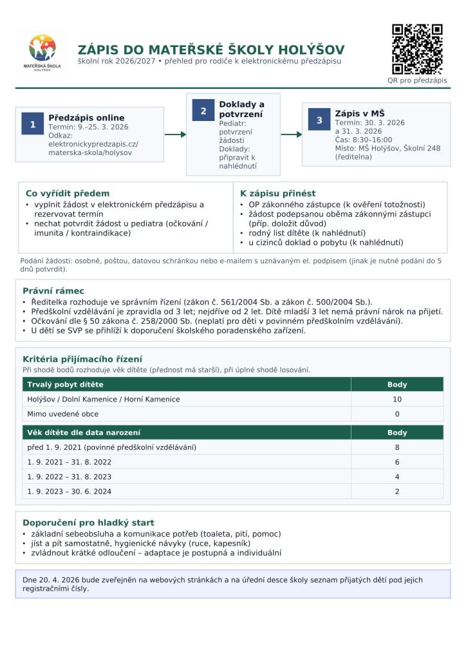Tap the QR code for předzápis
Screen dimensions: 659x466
pos(417,50)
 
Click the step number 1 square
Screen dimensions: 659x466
pos(32,125)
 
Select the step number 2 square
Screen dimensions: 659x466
pos(203,111)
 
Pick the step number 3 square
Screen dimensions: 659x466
pos(319,120)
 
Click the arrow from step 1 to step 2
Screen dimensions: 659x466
pos(175,135)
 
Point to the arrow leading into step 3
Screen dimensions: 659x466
pos(291,135)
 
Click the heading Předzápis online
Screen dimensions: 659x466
pos(86,118)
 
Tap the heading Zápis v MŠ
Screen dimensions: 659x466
pos(359,113)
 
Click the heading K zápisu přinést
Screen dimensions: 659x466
pos(277,193)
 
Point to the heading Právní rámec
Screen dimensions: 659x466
pos(53,291)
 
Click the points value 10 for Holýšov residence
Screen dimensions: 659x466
pos(397,400)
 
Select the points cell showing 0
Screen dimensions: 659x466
pos(397,414)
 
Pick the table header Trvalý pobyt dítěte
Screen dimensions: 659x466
pos(65,385)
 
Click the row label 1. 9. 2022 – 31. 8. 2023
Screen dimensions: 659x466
pos(70,477)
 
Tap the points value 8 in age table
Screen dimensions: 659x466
pos(397,447)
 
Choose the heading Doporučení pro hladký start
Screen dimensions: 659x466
pos(88,523)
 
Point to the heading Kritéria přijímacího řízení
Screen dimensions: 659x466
pos(82,359)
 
